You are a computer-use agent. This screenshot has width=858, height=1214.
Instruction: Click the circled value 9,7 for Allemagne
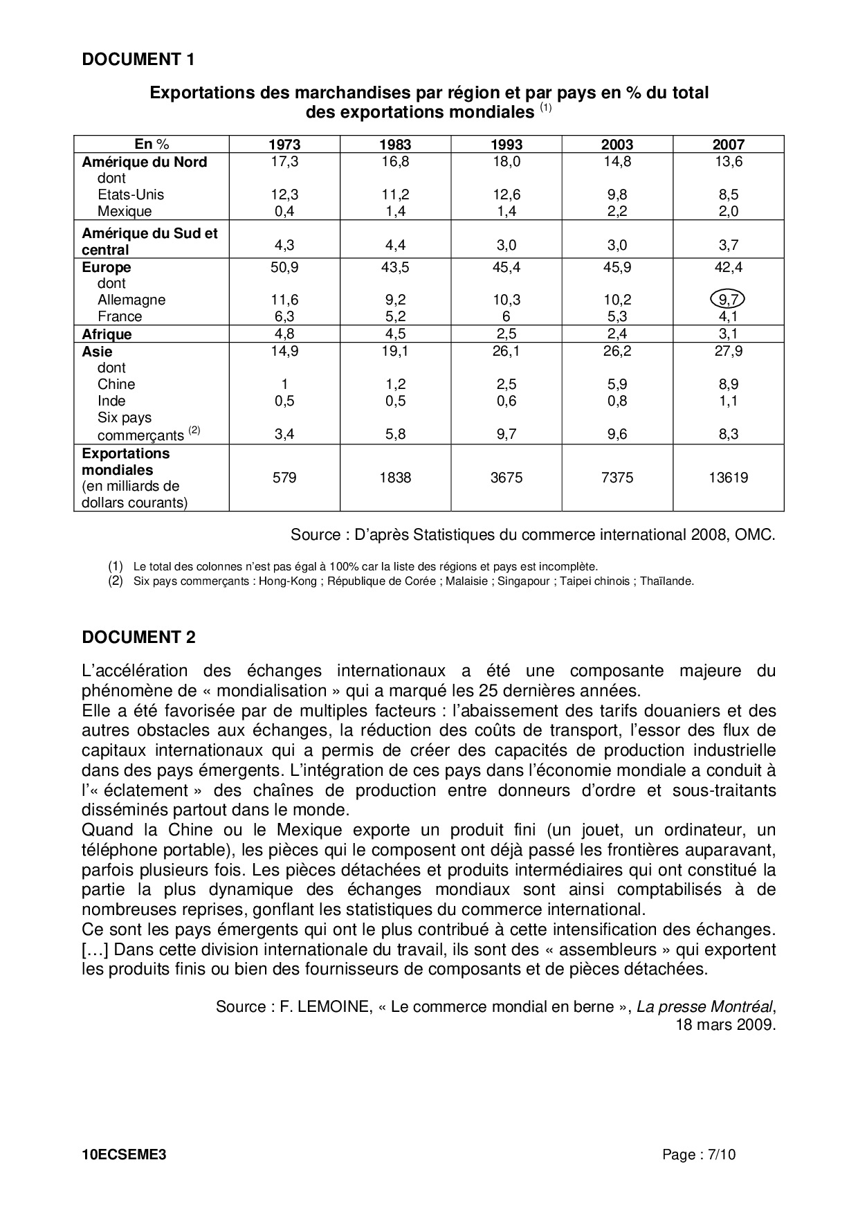coord(729,300)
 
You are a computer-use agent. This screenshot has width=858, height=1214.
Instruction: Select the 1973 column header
coord(284,145)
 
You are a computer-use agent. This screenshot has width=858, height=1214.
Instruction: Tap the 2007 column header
coord(729,145)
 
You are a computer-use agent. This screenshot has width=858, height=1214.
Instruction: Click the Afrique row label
coord(107,334)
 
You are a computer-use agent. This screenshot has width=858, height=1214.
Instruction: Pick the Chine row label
coord(116,384)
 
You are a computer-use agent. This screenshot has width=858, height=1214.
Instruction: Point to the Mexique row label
coord(125,211)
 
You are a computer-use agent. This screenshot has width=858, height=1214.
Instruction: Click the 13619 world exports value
coord(729,478)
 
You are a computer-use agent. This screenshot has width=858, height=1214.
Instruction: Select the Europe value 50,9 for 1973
coord(284,267)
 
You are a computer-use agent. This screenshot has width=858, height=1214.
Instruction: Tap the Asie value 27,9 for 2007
coord(729,351)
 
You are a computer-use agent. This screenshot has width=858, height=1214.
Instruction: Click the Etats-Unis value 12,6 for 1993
coord(506,194)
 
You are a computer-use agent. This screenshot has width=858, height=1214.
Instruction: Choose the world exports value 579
coord(284,478)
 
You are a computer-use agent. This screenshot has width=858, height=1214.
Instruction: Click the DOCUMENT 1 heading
coord(138,60)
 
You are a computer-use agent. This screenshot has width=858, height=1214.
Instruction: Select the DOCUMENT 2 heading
coord(138,637)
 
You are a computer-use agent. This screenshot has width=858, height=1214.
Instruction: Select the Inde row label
coord(111,401)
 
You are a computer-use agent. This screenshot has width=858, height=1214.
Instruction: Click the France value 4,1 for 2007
coord(729,316)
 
